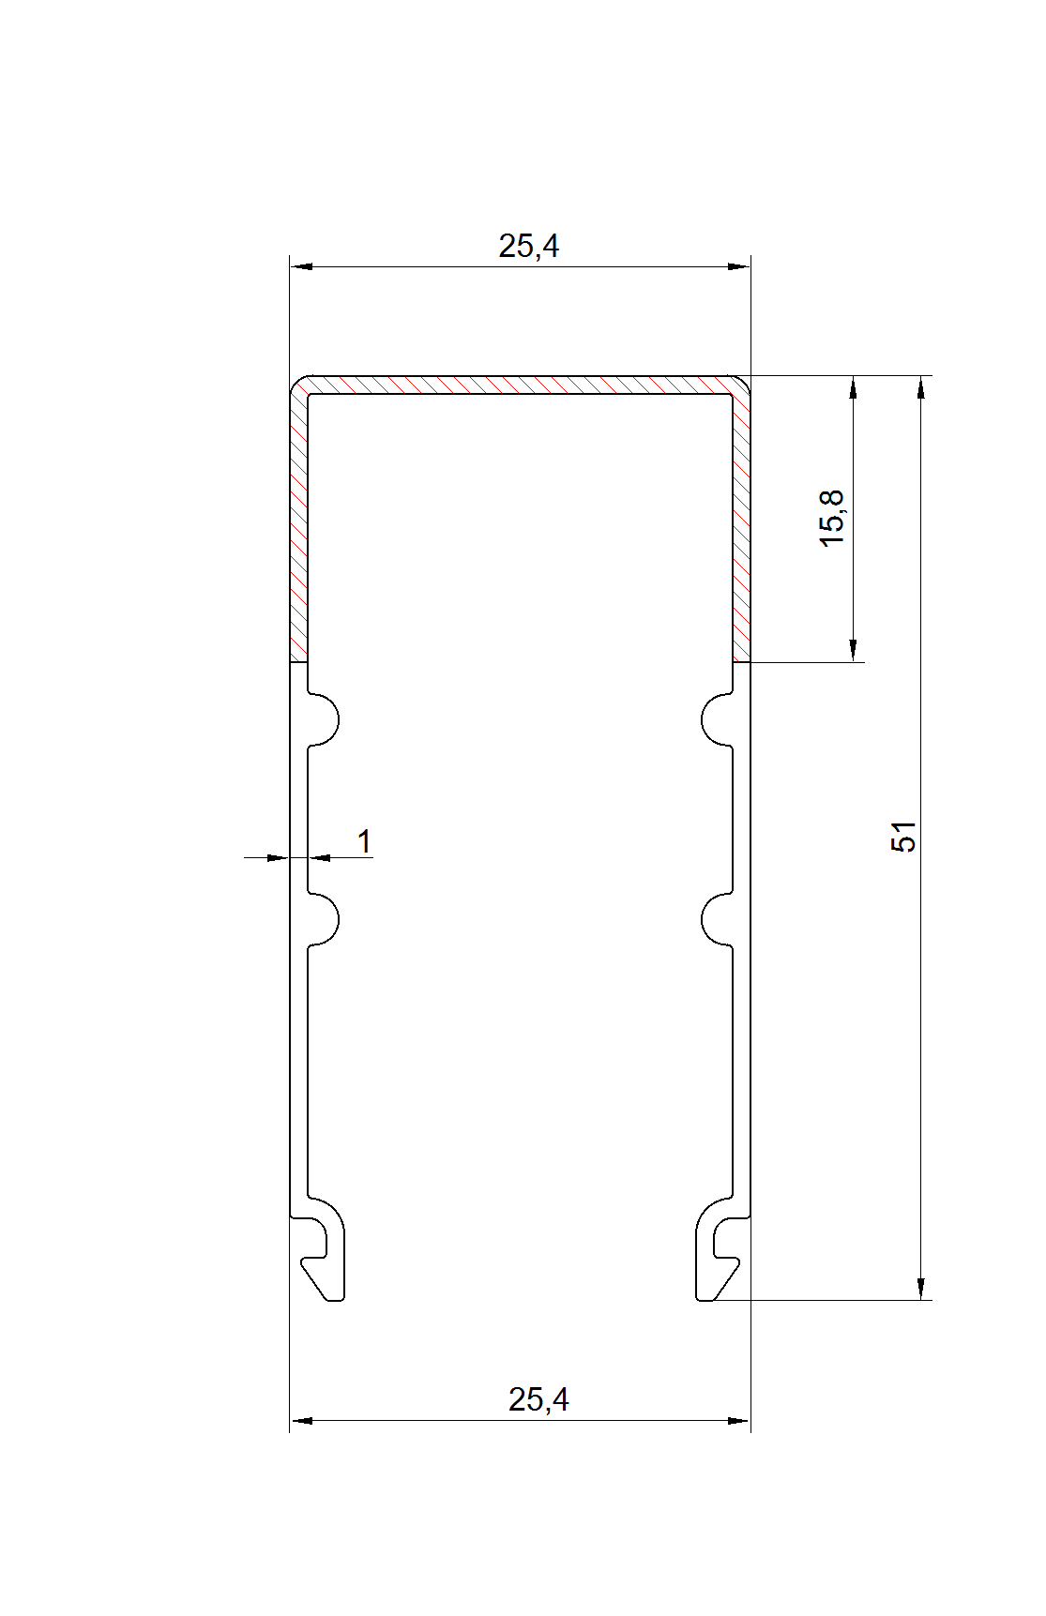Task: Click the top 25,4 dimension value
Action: tap(528, 246)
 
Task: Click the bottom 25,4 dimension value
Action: tap(538, 1399)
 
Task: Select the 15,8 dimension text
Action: tap(831, 519)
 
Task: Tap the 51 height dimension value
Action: tap(902, 837)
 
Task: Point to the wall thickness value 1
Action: tap(365, 841)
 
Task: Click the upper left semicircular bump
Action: tap(324, 719)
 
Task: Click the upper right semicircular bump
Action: tap(717, 719)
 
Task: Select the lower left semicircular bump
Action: tap(324, 918)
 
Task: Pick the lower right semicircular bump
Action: tap(717, 918)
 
